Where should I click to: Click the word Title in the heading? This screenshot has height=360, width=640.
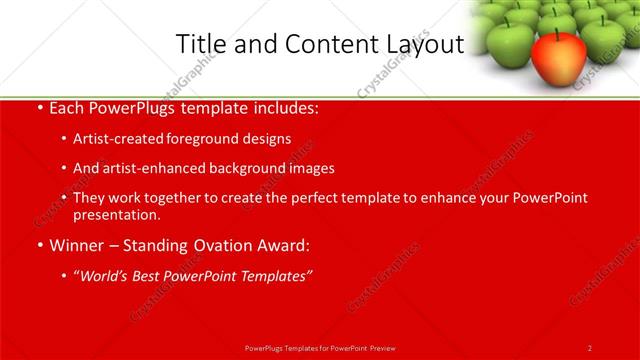click(x=198, y=44)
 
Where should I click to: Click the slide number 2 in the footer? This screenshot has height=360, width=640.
click(x=589, y=348)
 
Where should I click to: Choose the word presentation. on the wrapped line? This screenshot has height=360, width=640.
click(x=116, y=214)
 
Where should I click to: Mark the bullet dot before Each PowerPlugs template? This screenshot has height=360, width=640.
click(x=38, y=107)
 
